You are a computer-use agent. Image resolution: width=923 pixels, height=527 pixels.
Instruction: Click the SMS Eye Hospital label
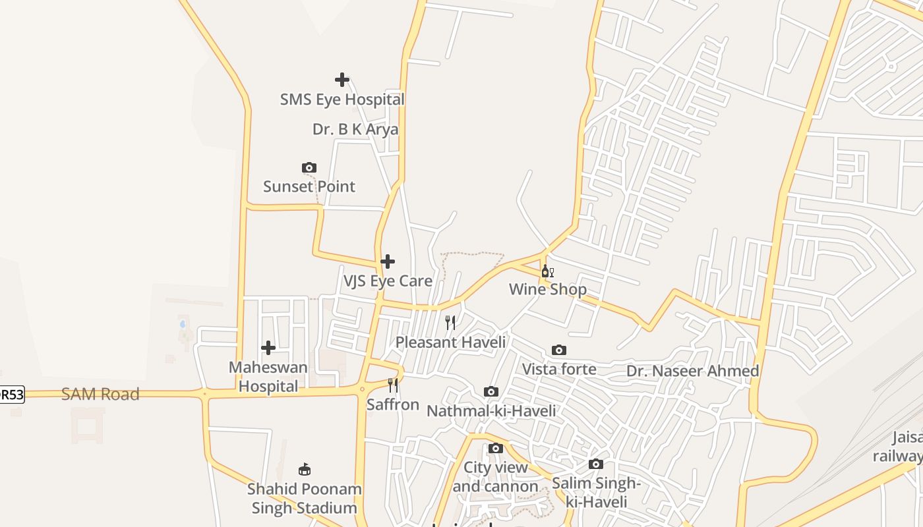tap(342, 99)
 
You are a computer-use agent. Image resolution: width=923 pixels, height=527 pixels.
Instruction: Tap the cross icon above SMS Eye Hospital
tap(342, 80)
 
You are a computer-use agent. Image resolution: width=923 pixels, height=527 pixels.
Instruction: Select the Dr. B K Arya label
tap(355, 129)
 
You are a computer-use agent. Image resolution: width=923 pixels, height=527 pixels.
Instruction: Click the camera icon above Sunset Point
tap(309, 168)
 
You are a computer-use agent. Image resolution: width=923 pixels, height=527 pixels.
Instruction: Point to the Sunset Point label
tap(309, 186)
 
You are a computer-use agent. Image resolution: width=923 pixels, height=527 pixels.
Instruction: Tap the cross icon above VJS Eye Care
tap(388, 262)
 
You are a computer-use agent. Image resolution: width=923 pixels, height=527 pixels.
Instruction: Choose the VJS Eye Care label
tap(388, 281)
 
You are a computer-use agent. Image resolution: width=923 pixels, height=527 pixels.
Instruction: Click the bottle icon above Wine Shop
tap(547, 271)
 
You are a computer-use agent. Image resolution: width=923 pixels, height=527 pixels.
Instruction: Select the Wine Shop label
tap(547, 289)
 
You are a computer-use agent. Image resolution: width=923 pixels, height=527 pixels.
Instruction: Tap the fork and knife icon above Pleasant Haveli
tap(450, 322)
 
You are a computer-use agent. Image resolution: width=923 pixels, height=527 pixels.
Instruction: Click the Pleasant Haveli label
tap(450, 343)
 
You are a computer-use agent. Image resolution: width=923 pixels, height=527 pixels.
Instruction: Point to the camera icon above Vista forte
tap(559, 350)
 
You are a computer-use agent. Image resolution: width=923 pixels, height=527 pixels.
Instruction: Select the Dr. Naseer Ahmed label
tap(692, 371)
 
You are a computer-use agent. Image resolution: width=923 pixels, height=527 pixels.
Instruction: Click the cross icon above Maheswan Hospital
tap(268, 348)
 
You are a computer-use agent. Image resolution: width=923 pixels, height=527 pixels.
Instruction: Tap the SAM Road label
tap(100, 394)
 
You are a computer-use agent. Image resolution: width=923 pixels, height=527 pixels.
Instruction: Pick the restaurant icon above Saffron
tap(393, 385)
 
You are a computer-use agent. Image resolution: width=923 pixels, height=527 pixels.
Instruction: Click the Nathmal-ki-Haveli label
tap(491, 411)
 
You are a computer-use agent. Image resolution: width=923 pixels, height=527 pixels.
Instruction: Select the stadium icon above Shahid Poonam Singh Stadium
tap(304, 470)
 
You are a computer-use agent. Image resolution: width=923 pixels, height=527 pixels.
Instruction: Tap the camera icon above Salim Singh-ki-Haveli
tap(596, 464)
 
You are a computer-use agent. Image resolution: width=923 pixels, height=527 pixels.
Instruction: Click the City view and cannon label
tap(496, 477)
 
